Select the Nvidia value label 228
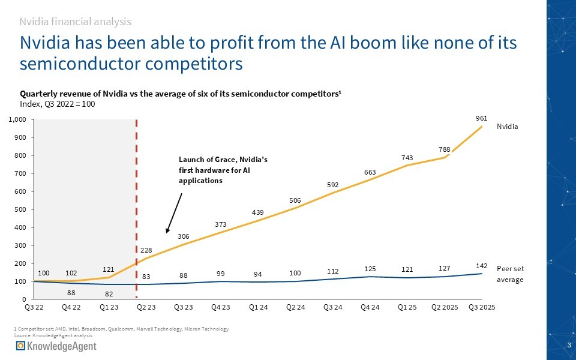[146, 250]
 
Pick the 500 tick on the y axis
[20, 209]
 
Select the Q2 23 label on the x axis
[146, 307]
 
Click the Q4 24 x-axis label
[370, 307]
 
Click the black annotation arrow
[174, 213]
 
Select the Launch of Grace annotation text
[223, 170]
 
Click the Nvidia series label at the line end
[506, 127]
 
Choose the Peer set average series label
[511, 274]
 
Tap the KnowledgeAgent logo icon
[20, 347]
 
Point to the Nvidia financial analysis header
[75, 22]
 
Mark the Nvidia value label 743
[407, 157]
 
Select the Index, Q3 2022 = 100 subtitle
[58, 104]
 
